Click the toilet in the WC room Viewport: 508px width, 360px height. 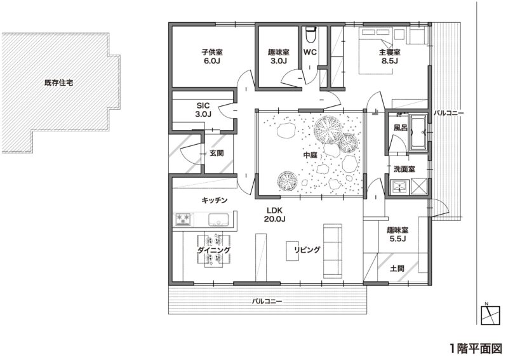pyautogui.click(x=311, y=34)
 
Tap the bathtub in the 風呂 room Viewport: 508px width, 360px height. pyautogui.click(x=418, y=132)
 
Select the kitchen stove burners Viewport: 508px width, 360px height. pyautogui.click(x=184, y=218)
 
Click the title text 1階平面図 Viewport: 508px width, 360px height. pyautogui.click(x=476, y=349)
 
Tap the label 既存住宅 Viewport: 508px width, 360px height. pyautogui.click(x=58, y=83)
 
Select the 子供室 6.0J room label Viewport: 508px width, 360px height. pyautogui.click(x=212, y=57)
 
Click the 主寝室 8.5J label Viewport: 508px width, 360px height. pyautogui.click(x=389, y=57)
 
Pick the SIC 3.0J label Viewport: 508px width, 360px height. pyautogui.click(x=203, y=110)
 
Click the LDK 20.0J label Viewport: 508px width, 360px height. pyautogui.click(x=274, y=214)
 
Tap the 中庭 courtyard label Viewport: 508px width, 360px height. pyautogui.click(x=310, y=155)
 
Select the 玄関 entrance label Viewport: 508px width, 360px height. pyautogui.click(x=217, y=153)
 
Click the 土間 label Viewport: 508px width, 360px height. pyautogui.click(x=397, y=269)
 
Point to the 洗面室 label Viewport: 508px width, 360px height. pyautogui.click(x=404, y=169)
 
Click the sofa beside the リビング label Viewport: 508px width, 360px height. pyautogui.click(x=333, y=251)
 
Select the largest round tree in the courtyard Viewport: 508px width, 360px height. pyautogui.click(x=328, y=130)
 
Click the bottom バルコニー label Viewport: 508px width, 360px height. pyautogui.click(x=267, y=302)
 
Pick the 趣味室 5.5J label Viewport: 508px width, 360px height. pyautogui.click(x=398, y=234)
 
